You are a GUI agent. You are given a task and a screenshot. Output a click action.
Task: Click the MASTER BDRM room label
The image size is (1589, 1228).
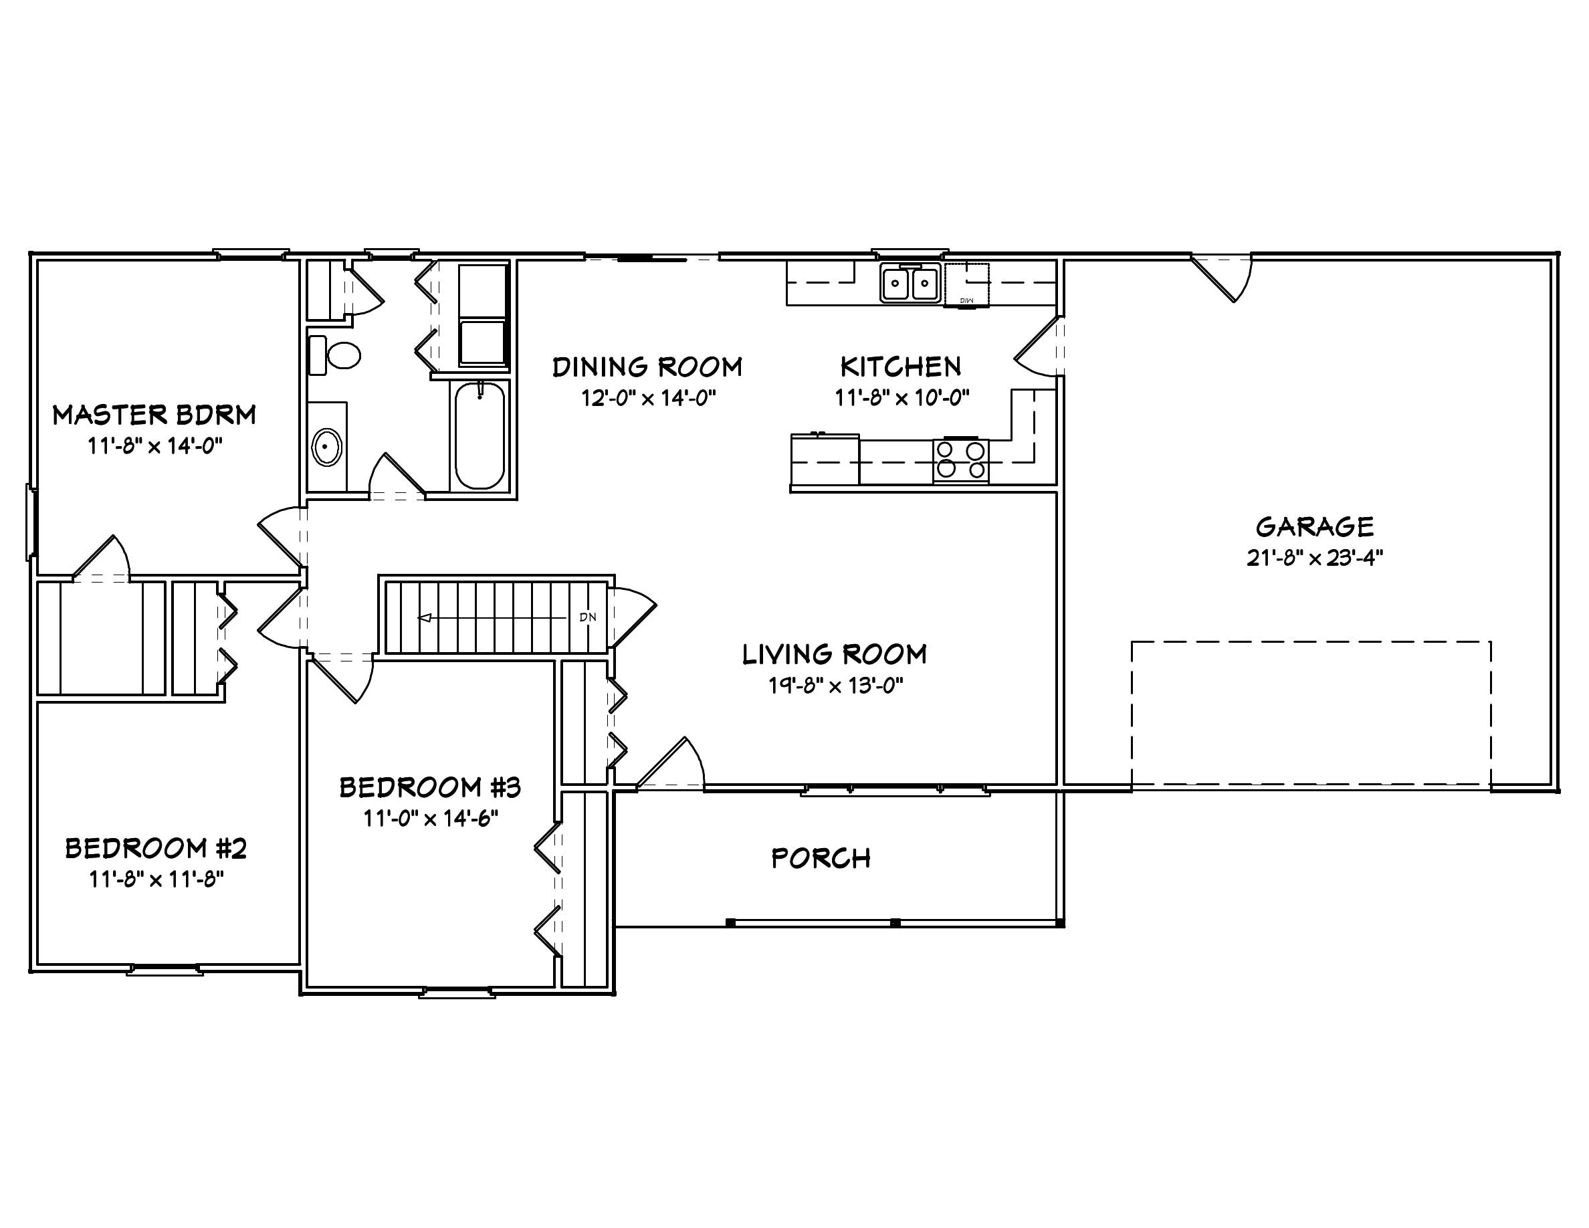click(x=154, y=415)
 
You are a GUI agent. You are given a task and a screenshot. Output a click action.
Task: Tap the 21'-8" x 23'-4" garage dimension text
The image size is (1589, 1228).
click(x=1314, y=558)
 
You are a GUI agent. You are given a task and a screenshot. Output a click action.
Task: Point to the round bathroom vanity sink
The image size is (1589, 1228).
click(x=326, y=447)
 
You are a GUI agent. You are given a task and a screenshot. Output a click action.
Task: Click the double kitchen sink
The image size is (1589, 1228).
click(x=910, y=283)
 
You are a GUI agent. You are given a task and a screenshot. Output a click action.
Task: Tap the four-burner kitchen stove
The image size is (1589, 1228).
click(x=960, y=459)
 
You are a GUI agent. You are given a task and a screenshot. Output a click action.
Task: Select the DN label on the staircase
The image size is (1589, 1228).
click(x=588, y=617)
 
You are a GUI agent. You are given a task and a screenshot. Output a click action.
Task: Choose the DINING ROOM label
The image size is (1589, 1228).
click(x=647, y=367)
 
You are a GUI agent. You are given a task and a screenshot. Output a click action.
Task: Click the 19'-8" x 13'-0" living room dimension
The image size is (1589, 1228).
click(x=835, y=686)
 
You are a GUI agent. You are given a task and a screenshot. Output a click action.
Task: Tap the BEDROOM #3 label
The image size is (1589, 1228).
click(x=430, y=787)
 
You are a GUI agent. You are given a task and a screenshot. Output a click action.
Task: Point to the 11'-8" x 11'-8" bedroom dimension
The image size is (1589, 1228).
click(x=156, y=880)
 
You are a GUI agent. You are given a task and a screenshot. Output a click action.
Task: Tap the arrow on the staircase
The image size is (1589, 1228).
click(x=425, y=617)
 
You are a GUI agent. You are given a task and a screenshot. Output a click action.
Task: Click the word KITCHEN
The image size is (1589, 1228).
click(x=901, y=367)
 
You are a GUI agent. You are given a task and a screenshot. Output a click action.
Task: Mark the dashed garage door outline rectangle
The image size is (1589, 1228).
click(x=1310, y=641)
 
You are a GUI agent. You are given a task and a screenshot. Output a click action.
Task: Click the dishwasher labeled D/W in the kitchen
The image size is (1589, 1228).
click(x=967, y=284)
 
